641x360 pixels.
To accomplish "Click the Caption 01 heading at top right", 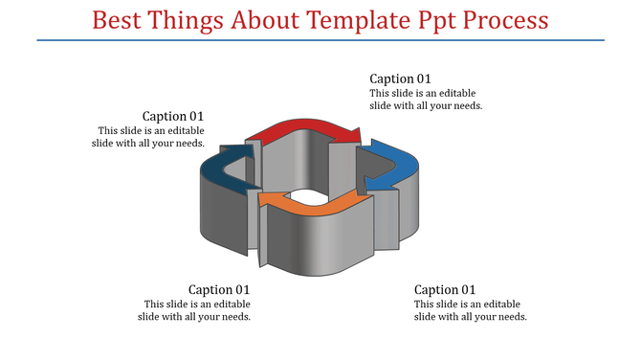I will pyautogui.click(x=401, y=79).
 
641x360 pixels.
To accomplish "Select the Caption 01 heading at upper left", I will pyautogui.click(x=173, y=116).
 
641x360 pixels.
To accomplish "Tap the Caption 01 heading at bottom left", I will pyautogui.click(x=219, y=289).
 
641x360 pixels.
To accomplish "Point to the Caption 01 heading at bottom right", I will pyautogui.click(x=445, y=289).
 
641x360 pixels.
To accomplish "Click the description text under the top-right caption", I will pyautogui.click(x=426, y=100).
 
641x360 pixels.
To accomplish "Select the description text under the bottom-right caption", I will pyautogui.click(x=470, y=310).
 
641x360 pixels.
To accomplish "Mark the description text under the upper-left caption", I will pyautogui.click(x=150, y=137).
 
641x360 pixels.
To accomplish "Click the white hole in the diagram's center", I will pyautogui.click(x=308, y=195).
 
